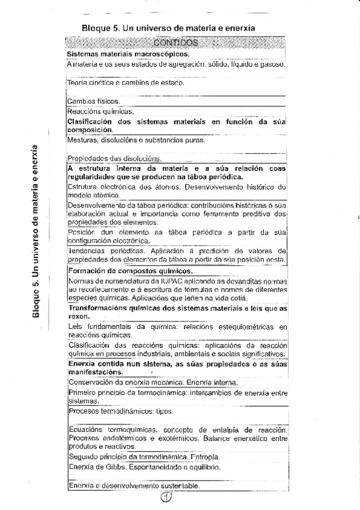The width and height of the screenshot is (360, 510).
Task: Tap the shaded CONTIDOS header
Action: pos(175,43)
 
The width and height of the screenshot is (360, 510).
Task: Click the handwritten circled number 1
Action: pos(167,497)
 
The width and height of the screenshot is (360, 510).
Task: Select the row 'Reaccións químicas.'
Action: pos(100,111)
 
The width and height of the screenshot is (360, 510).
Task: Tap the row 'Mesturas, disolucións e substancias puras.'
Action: pos(136,140)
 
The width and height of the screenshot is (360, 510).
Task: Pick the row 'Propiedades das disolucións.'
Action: pos(114,159)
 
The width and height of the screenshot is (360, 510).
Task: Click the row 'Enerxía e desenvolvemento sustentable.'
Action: pos(134,485)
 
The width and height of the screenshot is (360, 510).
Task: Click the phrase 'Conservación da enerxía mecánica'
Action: pos(123,382)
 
